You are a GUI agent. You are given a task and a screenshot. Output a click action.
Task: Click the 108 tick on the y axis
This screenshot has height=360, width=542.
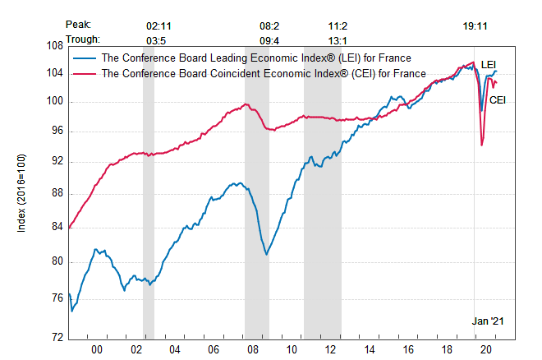57,46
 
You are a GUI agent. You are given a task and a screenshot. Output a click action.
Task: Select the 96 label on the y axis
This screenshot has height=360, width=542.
57,132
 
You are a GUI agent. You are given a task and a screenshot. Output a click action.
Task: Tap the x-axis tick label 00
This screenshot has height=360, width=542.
96,350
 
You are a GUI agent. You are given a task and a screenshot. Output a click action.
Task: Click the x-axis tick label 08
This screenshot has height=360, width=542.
252,350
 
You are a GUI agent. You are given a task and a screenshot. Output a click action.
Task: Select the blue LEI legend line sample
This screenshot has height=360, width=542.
85,58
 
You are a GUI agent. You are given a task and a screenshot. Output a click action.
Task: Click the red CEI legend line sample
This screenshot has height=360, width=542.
85,73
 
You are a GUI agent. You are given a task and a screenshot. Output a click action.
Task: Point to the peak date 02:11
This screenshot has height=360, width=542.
158,25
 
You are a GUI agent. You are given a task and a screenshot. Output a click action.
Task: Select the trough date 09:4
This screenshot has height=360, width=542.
269,38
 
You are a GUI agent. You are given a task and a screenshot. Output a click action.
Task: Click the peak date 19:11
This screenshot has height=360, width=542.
475,25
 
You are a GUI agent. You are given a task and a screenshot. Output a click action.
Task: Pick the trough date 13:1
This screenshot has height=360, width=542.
339,38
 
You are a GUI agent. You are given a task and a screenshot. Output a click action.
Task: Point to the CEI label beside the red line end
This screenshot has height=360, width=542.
498,99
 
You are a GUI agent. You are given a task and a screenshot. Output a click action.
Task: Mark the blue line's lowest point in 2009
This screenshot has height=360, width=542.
267,254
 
